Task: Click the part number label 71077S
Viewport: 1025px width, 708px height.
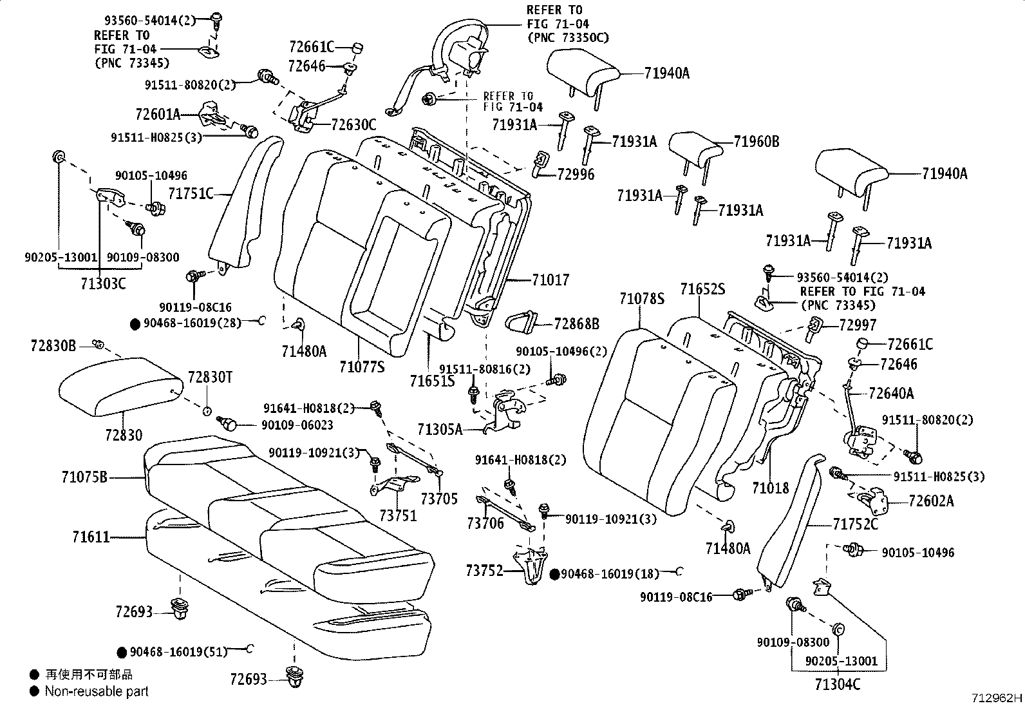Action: pos(361,367)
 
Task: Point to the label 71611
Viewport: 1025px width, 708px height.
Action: pos(91,537)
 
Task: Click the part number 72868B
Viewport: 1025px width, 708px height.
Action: pos(576,324)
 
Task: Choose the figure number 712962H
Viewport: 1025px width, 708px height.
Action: pos(997,698)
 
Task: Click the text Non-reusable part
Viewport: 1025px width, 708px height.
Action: pos(97,691)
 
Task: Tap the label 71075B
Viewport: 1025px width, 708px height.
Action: pos(84,477)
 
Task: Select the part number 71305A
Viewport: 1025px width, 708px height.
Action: pos(440,429)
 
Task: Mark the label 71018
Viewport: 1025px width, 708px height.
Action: pos(769,488)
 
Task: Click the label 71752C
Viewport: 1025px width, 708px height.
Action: pos(855,525)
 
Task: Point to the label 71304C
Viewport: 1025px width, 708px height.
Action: pos(837,684)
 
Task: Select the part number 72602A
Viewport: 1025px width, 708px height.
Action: pos(931,501)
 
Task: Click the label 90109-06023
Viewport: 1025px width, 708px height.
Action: pos(297,425)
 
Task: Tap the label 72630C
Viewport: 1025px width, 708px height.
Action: pos(353,126)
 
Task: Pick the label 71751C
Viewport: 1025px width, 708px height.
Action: pos(191,193)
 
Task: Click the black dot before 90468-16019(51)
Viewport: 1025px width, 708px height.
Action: pos(122,651)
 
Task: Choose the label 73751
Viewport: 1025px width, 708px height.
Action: pos(397,515)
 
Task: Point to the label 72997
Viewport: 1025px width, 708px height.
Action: pos(858,325)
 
